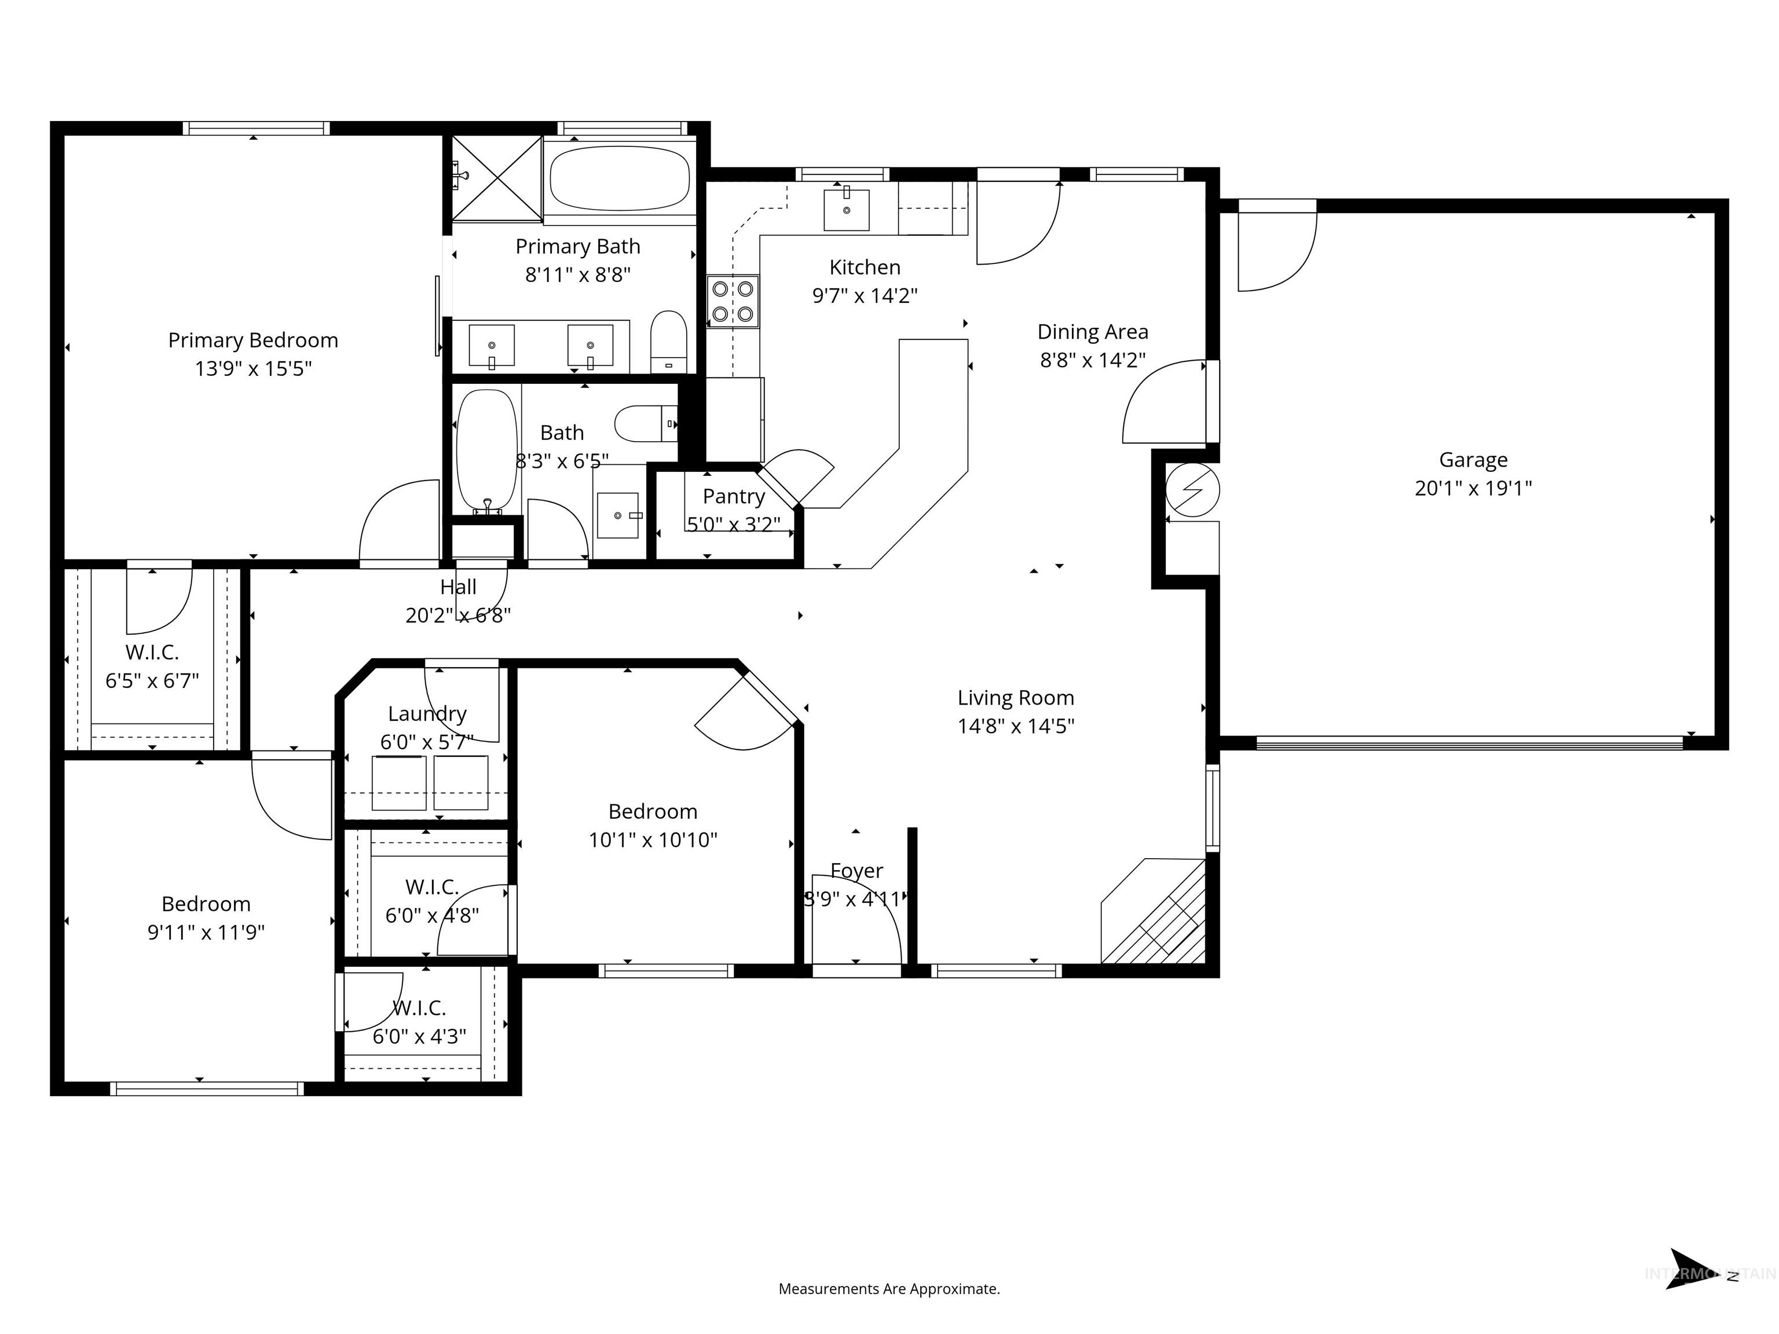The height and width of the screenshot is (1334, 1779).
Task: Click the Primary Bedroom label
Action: (252, 340)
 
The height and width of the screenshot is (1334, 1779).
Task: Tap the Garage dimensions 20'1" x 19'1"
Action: (1473, 488)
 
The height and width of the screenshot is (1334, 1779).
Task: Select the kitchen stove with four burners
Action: (733, 302)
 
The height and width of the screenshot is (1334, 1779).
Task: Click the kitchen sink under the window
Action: (846, 210)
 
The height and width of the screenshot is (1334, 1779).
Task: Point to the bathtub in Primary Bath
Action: (619, 178)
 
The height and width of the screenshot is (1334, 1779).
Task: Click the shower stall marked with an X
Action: (497, 178)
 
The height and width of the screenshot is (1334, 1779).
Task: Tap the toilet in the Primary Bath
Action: (668, 341)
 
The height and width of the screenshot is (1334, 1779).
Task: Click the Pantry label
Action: (734, 496)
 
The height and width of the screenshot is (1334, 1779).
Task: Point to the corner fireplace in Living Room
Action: (1158, 912)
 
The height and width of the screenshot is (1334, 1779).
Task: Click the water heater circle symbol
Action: (1193, 490)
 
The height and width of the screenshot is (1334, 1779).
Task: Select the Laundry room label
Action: (427, 714)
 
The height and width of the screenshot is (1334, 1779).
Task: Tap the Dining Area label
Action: (1092, 331)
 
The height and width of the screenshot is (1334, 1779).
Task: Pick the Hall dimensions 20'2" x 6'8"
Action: (457, 615)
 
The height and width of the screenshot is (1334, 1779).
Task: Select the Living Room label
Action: (1015, 698)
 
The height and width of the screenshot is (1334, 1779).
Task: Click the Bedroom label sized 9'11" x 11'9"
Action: (206, 904)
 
